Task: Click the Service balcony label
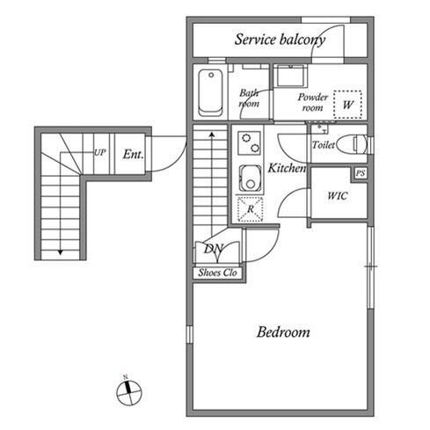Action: (x=280, y=40)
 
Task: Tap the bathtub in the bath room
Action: (x=210, y=92)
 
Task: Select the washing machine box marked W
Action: (x=347, y=105)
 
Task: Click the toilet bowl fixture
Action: (x=352, y=144)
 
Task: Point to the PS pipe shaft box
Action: (x=361, y=173)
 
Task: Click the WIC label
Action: (x=338, y=196)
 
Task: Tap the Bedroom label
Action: (x=283, y=332)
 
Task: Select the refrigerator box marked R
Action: (x=250, y=209)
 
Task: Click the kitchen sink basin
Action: (x=250, y=179)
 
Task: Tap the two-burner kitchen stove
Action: (x=250, y=143)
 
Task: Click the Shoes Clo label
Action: (x=217, y=273)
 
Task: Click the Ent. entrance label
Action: (x=134, y=154)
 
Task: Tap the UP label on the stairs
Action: (x=99, y=152)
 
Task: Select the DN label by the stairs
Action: (x=214, y=249)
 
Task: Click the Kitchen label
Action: (x=287, y=168)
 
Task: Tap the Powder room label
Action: (x=313, y=102)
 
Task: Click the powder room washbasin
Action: (x=291, y=76)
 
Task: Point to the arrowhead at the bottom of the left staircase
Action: (x=61, y=252)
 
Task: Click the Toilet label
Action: (x=324, y=144)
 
